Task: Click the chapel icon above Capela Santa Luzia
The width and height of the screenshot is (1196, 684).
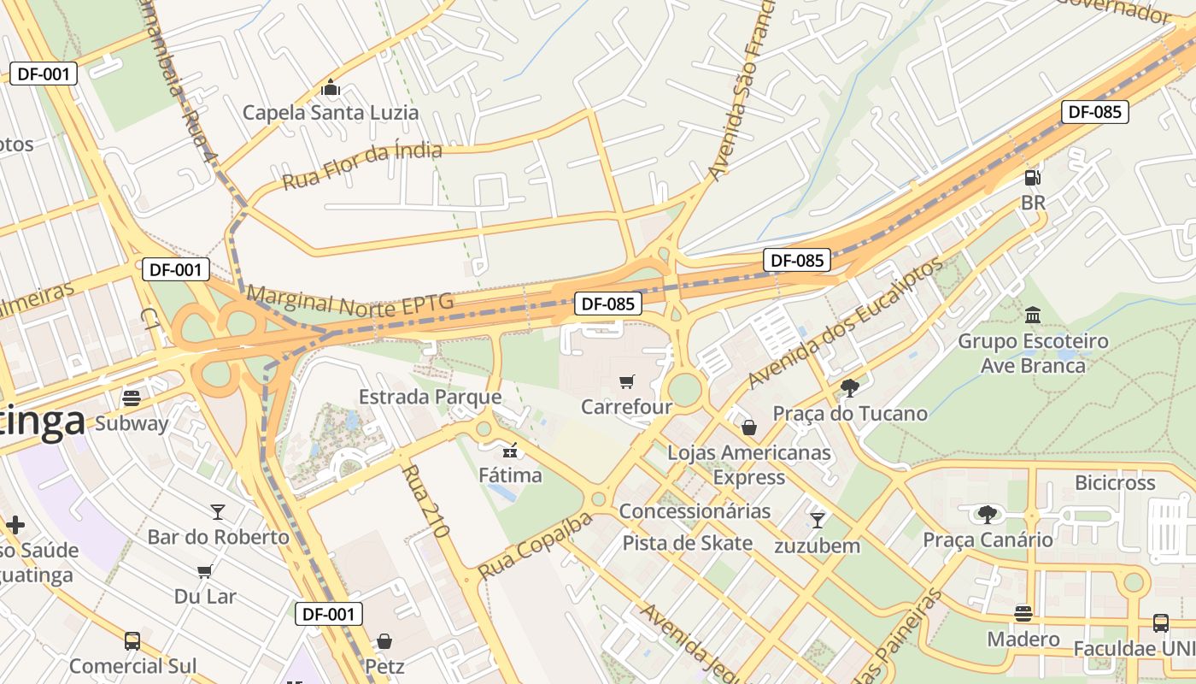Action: click(x=331, y=87)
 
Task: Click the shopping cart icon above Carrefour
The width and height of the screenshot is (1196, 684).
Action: click(x=627, y=381)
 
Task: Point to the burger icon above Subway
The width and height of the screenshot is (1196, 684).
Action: click(x=132, y=398)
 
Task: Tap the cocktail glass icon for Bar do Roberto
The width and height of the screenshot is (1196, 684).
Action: click(x=218, y=511)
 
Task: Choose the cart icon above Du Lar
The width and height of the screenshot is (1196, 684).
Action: click(x=204, y=571)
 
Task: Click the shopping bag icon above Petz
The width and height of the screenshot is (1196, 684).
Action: click(x=384, y=640)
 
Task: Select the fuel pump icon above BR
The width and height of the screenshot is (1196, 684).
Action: click(x=1033, y=178)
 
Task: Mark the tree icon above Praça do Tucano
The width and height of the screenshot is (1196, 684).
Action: click(x=849, y=387)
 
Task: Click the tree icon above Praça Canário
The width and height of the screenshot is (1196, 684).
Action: click(x=988, y=514)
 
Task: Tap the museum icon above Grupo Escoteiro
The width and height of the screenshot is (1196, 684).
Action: click(x=1032, y=315)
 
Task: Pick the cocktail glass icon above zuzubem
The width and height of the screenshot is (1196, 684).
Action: click(x=818, y=519)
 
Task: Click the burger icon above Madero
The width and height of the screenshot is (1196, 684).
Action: click(x=1023, y=613)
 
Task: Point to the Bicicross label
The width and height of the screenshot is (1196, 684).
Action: click(x=1115, y=482)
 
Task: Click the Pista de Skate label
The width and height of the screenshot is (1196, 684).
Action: click(x=687, y=543)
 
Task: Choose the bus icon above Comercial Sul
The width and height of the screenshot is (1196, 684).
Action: click(x=132, y=640)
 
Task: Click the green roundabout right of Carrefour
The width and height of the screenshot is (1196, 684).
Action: click(x=684, y=390)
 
